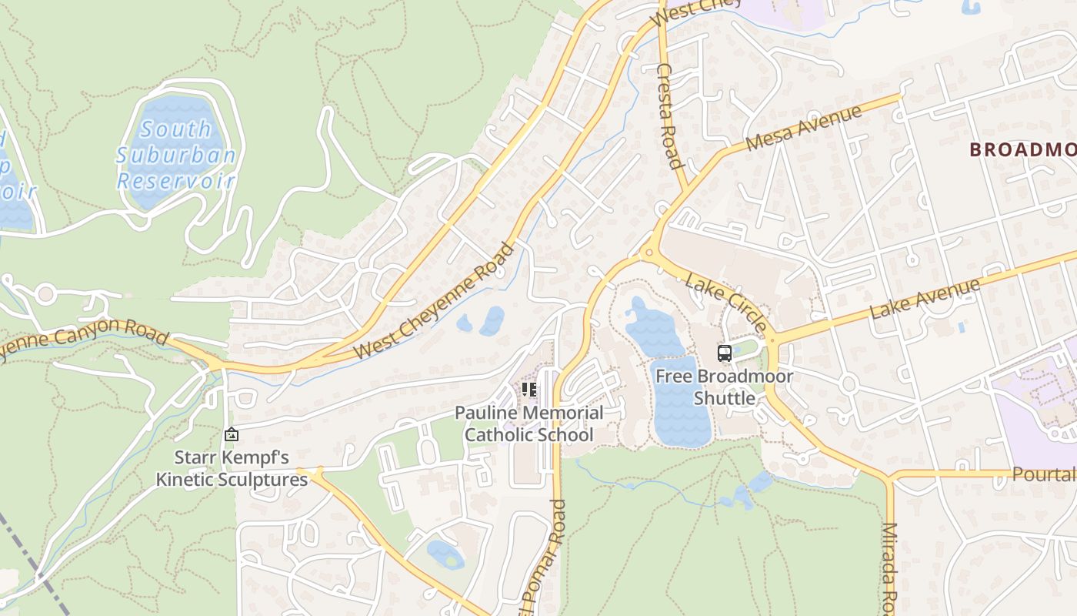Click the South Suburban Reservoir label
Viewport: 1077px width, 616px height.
[176, 155]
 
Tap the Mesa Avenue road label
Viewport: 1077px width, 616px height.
[804, 129]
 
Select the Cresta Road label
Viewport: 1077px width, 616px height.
[669, 115]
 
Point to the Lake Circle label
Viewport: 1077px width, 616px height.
[726, 301]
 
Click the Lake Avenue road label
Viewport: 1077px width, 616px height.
[925, 299]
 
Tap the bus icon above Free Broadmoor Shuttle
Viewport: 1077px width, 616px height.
[724, 353]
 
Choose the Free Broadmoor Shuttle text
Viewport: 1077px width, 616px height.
[724, 387]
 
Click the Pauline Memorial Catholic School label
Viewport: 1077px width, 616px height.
[529, 423]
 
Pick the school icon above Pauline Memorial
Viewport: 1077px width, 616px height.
[528, 390]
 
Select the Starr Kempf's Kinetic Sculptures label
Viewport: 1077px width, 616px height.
[232, 468]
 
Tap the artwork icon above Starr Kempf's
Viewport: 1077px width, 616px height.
[231, 435]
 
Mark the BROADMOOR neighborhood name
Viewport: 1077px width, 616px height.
[1022, 149]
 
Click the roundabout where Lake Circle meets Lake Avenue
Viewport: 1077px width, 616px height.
[772, 340]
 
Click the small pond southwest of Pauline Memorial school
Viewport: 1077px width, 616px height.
[445, 553]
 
